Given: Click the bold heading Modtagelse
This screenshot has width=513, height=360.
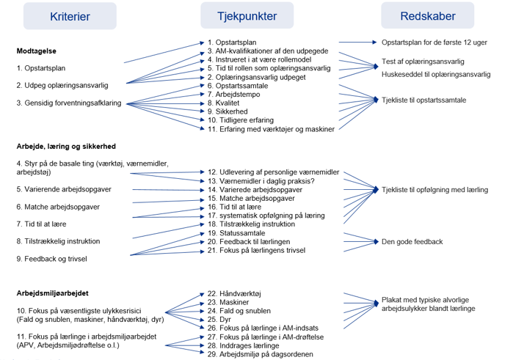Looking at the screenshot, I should (x=37, y=51).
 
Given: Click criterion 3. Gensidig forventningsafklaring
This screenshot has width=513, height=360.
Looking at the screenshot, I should (x=70, y=103).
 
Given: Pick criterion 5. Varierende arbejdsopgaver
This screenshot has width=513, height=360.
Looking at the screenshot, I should (x=64, y=189).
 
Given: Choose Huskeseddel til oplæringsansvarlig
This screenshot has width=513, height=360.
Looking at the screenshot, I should (x=436, y=74).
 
